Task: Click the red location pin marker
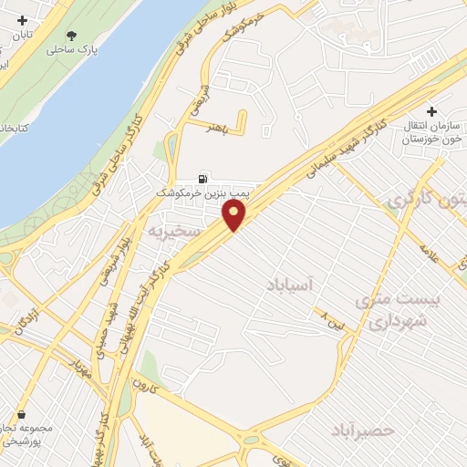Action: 234,215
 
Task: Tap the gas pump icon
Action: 204,178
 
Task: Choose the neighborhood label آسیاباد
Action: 293,285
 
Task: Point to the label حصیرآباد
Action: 359,429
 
